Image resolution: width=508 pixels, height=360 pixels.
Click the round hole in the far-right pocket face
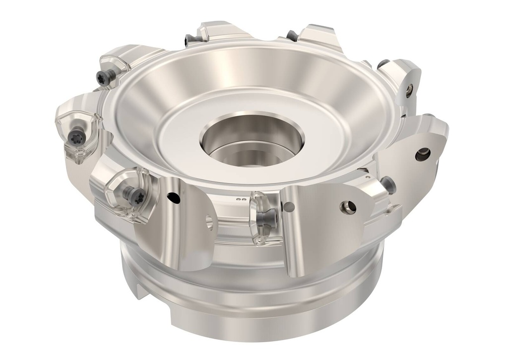coord(423,154)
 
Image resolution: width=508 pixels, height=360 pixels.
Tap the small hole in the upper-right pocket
coord(409,89)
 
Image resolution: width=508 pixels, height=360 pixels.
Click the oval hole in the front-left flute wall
coord(209,222)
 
